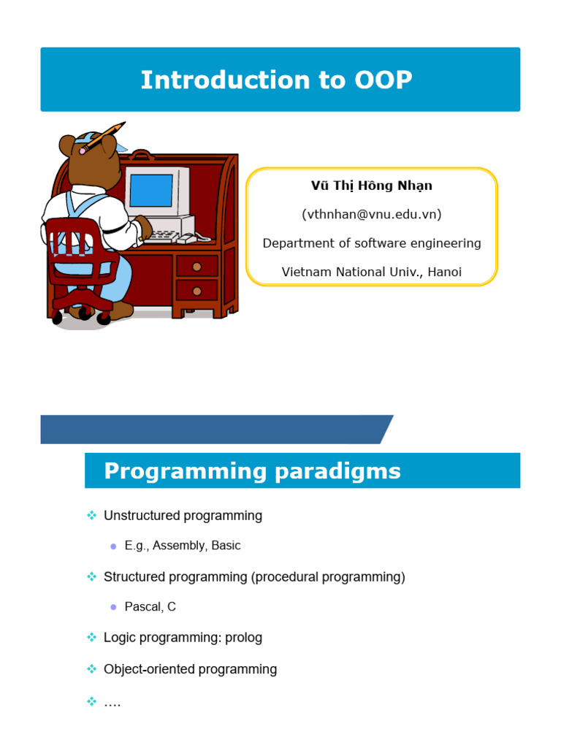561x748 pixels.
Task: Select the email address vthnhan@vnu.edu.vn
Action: pos(372,214)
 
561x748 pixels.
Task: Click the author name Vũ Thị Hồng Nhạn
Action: pos(372,186)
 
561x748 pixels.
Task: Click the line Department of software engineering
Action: pos(372,243)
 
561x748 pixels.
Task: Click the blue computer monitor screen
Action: pos(151,191)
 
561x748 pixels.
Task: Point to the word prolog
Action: pos(244,638)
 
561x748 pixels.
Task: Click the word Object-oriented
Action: pos(150,669)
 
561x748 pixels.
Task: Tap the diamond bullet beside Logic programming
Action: pos(91,638)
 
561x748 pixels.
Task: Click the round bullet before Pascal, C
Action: pos(112,608)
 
